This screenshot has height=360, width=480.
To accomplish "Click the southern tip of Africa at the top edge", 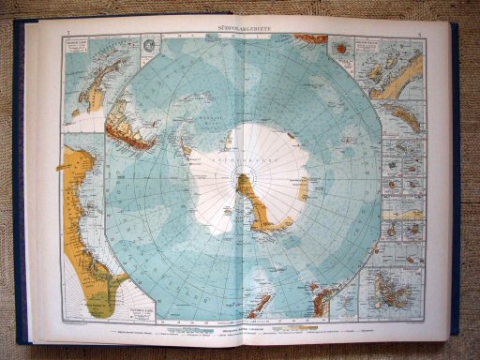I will point(309,38).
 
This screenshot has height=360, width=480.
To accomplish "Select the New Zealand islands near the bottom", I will point(325,298).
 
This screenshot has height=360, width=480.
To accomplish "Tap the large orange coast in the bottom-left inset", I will point(89,225).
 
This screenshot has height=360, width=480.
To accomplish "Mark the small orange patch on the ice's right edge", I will point(302,188).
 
